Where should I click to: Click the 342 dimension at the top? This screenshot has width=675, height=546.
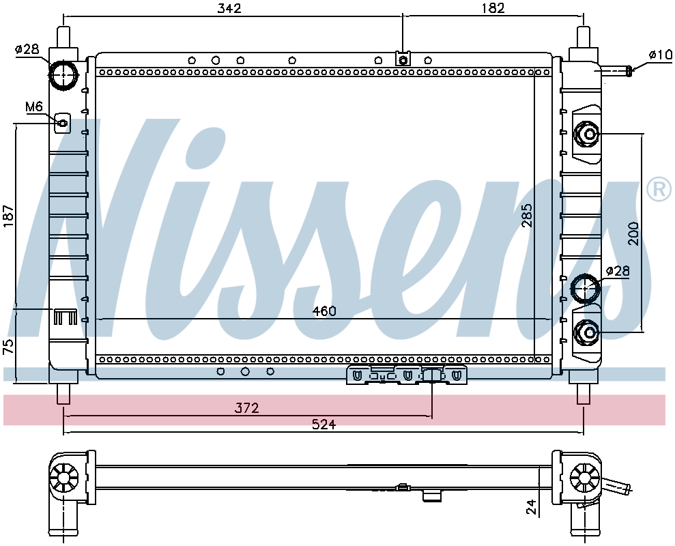click(x=229, y=8)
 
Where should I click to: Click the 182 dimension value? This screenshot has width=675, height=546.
click(x=493, y=8)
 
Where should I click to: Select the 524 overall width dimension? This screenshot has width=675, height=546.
click(x=324, y=425)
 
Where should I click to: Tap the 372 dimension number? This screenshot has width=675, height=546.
click(x=246, y=407)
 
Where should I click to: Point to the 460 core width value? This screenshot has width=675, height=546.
click(x=324, y=311)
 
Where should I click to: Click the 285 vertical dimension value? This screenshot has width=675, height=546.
click(x=527, y=215)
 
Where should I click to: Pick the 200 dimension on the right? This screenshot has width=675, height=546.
click(x=633, y=233)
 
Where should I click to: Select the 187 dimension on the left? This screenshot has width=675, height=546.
click(x=9, y=215)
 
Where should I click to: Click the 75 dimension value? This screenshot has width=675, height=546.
click(x=9, y=347)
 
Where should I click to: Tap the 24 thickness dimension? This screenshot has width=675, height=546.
click(x=532, y=507)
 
